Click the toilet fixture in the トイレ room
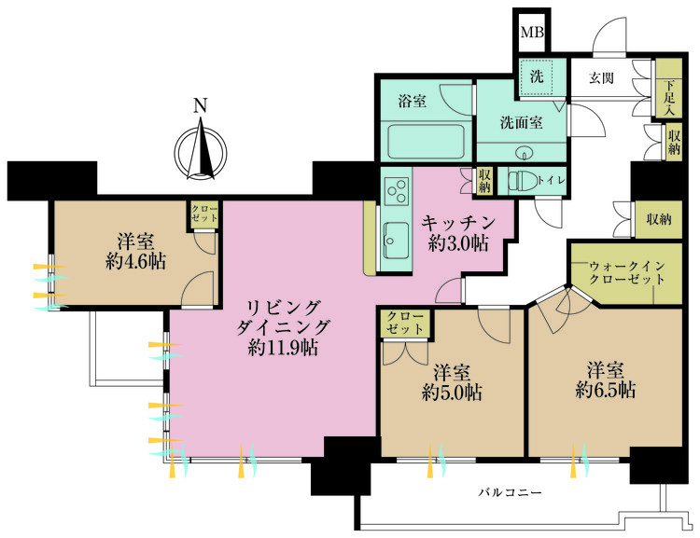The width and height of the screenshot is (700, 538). coord(525,180)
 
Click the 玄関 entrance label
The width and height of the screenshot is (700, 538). coord(601,78)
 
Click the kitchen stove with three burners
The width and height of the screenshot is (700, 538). coord(395,192)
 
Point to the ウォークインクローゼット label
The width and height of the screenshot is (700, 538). coord(625,272)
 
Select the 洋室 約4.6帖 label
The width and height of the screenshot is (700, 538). coord(135,251)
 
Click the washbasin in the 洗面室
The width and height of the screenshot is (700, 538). coord(521,152)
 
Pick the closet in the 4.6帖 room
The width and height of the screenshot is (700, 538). coord(204,213)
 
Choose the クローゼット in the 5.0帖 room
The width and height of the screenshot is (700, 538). coord(404,325)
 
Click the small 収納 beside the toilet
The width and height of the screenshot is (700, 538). coord(484,181)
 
